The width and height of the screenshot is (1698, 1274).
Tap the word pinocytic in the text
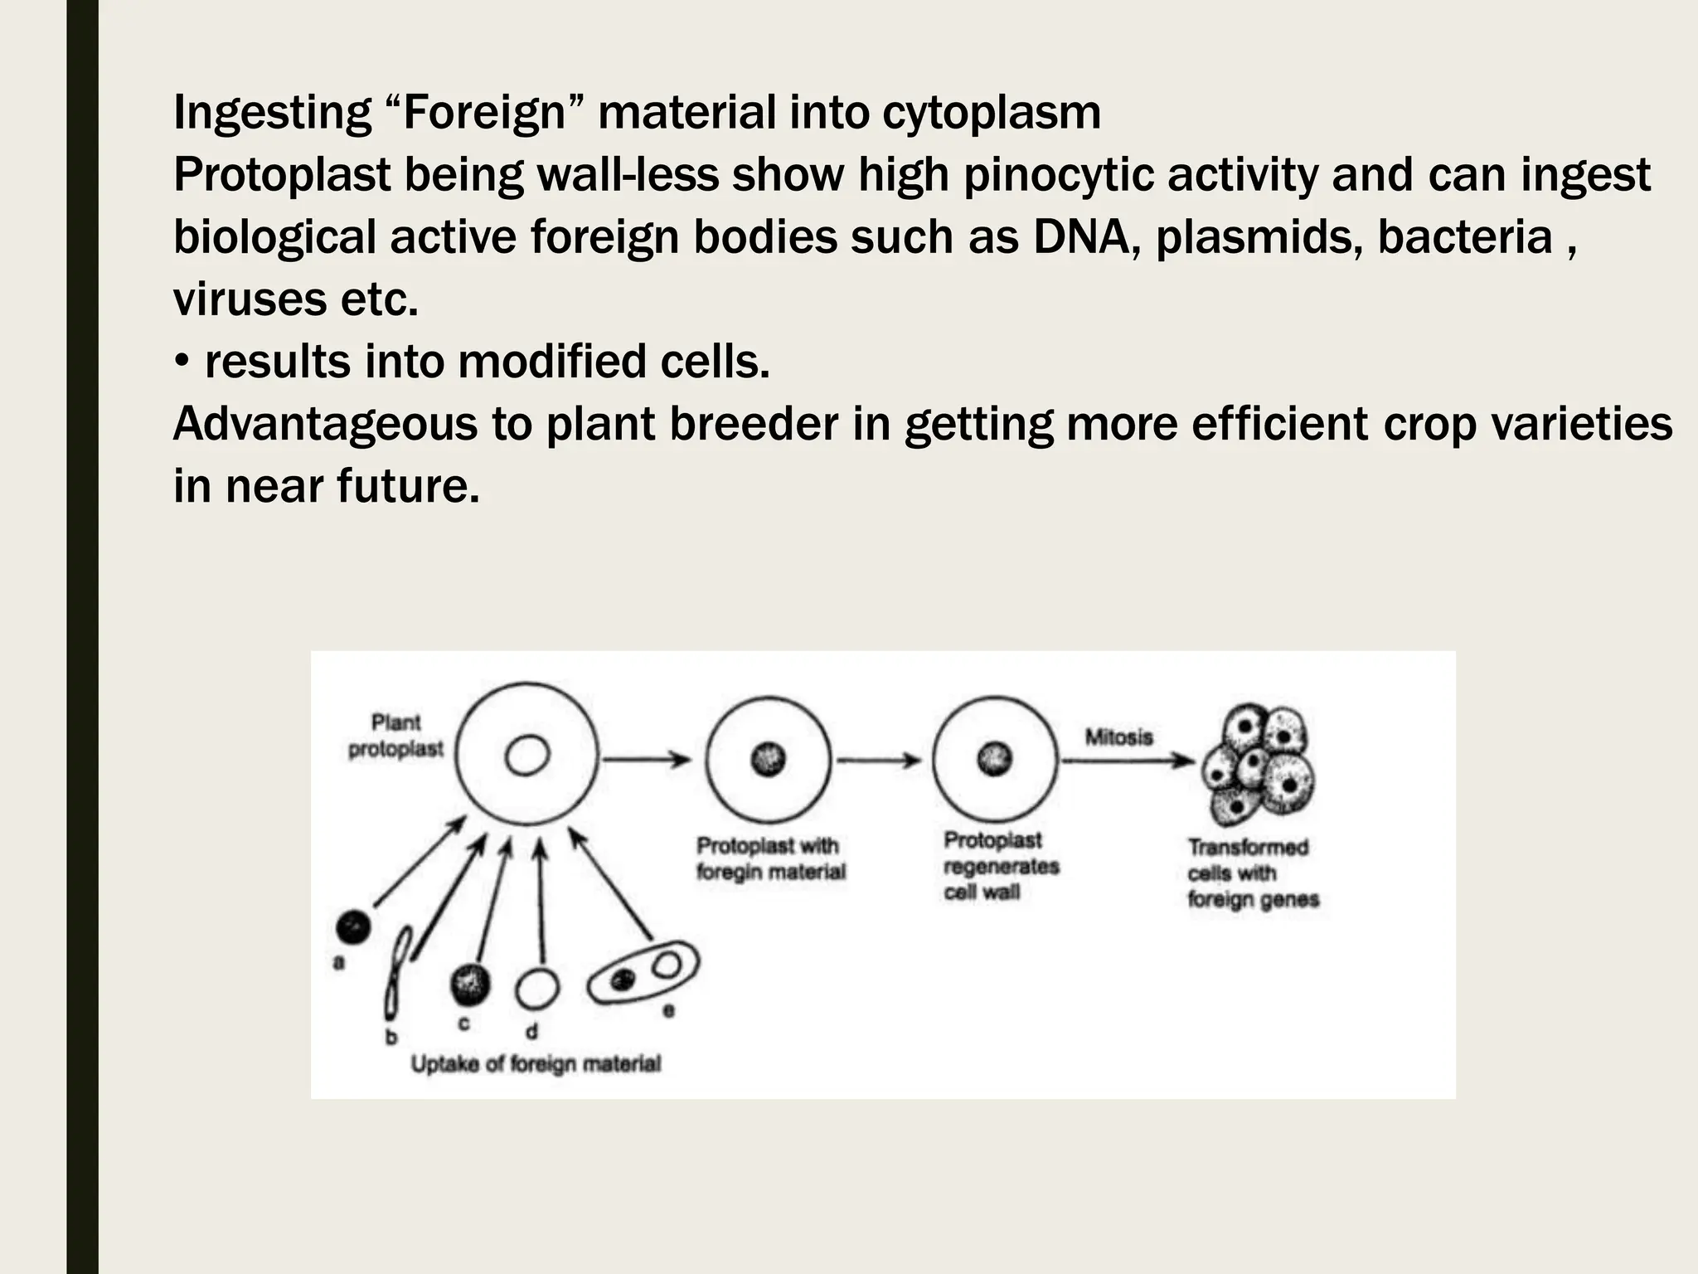[x=1058, y=175]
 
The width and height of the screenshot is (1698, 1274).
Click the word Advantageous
[x=325, y=424]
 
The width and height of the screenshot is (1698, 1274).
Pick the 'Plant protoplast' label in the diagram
[x=395, y=736]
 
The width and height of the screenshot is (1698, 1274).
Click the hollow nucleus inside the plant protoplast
[x=526, y=756]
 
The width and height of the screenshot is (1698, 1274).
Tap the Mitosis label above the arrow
[x=1118, y=737]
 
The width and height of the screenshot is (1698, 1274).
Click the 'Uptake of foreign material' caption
[x=536, y=1064]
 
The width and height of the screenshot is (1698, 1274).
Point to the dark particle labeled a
[x=353, y=926]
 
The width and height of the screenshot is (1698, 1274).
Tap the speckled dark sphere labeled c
[x=469, y=985]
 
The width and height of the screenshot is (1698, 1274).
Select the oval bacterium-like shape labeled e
[x=643, y=972]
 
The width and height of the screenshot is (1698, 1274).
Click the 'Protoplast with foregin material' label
[x=770, y=858]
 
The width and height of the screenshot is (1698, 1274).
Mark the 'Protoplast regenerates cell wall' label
[x=1001, y=866]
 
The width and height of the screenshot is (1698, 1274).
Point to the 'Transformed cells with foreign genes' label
[x=1252, y=873]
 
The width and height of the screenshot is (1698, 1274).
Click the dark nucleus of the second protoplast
[x=768, y=759]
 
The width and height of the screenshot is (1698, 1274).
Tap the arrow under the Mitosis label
[x=1128, y=760]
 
